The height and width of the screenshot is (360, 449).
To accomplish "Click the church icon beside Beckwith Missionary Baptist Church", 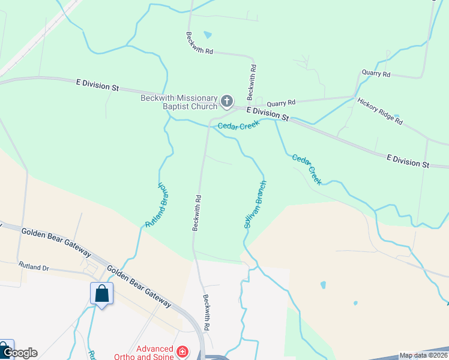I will pyautogui.click(x=227, y=101).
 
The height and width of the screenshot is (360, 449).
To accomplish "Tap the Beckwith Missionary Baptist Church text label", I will pyautogui.click(x=178, y=103).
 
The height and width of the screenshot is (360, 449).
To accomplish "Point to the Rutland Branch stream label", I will pyautogui.click(x=155, y=205).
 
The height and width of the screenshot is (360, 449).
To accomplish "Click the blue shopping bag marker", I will pyautogui.click(x=102, y=294).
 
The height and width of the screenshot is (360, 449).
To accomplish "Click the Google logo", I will pyautogui.click(x=19, y=353).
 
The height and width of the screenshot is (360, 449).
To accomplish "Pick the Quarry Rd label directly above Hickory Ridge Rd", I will pyautogui.click(x=376, y=74).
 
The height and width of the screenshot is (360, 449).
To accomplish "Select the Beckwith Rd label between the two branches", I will pyautogui.click(x=196, y=212).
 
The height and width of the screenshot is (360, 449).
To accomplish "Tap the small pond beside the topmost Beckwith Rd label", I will pyautogui.click(x=208, y=35).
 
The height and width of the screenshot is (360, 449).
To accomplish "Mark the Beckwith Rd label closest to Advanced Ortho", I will pyautogui.click(x=206, y=313).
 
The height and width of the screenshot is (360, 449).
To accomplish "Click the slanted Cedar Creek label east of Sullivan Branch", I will pyautogui.click(x=307, y=169).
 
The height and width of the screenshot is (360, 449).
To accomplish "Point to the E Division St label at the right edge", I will pyautogui.click(x=408, y=160).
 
